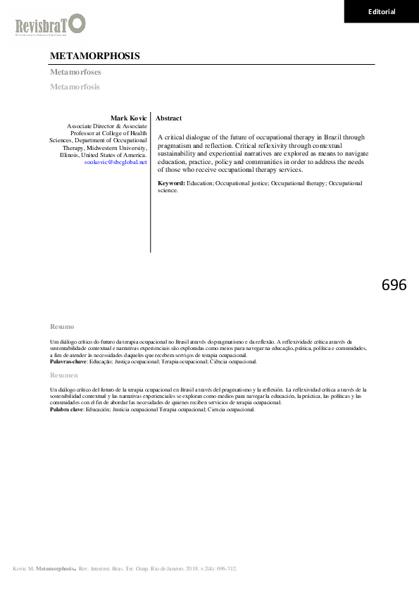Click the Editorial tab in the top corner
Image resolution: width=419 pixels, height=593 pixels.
pos(382,11)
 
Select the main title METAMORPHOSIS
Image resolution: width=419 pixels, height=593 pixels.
pos(95,56)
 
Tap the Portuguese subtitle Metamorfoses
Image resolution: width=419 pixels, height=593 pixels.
pos(75,73)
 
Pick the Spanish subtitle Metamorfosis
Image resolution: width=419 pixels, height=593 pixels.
pos(75,87)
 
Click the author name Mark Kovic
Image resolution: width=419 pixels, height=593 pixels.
pos(129,118)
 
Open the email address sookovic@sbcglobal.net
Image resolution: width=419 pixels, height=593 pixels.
pos(115,162)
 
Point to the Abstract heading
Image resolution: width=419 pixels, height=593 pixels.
pos(168,118)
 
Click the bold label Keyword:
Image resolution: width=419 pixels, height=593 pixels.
pos(172,183)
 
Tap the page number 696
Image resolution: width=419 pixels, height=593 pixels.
pos(394,285)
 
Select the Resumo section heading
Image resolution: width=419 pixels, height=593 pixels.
pos(62,327)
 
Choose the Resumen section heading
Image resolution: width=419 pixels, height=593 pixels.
pos(64,375)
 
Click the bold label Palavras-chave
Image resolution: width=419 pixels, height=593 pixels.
pos(68,361)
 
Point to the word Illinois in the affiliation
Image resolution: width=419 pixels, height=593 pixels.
pos(70,155)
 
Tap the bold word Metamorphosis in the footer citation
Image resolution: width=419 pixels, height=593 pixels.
pos(56,567)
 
